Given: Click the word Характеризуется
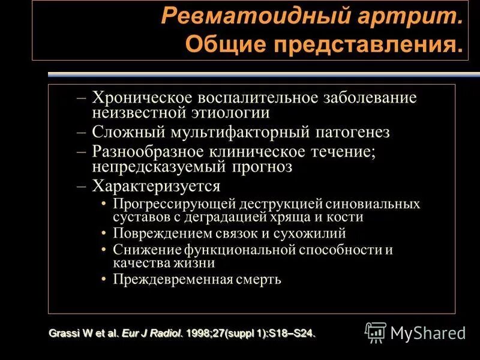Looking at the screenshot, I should [x=156, y=186].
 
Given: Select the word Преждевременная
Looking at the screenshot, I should [x=166, y=279].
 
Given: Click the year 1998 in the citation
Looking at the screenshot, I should [x=198, y=333].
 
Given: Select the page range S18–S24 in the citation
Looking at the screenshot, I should [x=290, y=333].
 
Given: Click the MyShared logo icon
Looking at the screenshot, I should [x=376, y=332].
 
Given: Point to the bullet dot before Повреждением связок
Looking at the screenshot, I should [x=105, y=234].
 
